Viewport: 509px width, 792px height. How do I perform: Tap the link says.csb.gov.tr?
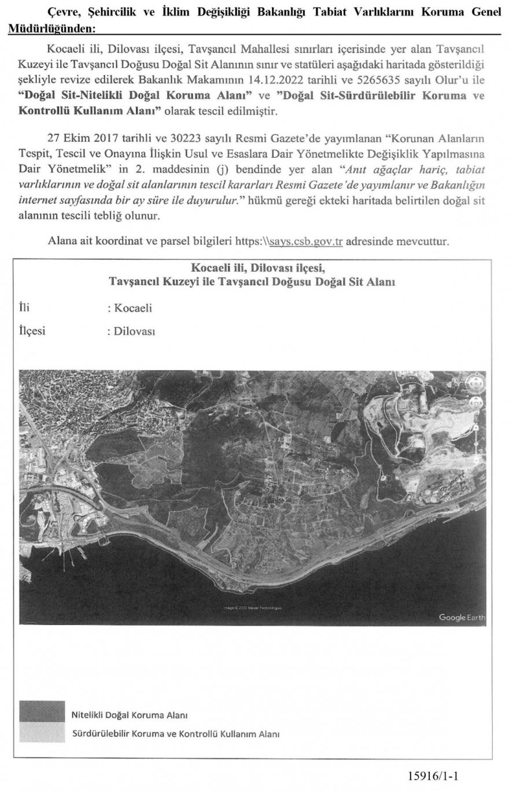tap(307, 241)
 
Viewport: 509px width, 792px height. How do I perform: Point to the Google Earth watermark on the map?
tap(461, 617)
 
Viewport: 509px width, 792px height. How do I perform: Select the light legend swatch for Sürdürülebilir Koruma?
tap(42, 732)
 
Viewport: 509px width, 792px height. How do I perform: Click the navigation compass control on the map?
tap(475, 384)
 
